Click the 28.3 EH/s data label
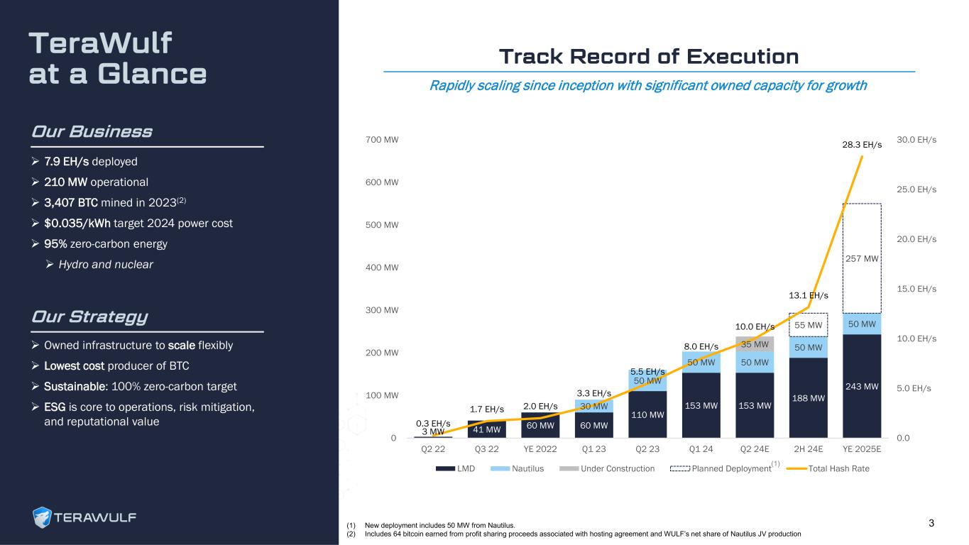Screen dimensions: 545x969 point(862,145)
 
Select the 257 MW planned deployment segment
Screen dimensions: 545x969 point(862,258)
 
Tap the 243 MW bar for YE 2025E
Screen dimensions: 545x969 point(862,386)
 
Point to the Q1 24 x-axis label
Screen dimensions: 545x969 point(701,449)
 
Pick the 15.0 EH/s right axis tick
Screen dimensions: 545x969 point(917,289)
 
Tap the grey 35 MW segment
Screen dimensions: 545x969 point(755,344)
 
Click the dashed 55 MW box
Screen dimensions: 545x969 point(808,325)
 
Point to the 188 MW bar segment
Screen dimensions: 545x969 point(808,397)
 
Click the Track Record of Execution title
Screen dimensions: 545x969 point(649,56)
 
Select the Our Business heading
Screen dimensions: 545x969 point(92,132)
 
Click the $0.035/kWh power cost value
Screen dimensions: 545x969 point(80,223)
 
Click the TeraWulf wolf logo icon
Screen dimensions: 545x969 point(43,518)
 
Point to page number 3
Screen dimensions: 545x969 point(931,524)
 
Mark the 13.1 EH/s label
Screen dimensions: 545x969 point(808,295)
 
